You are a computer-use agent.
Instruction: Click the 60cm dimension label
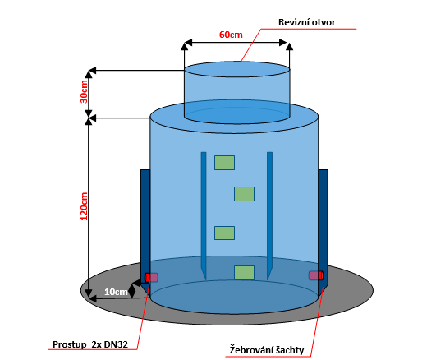pos(231,35)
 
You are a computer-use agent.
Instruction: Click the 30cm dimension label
pos(84,91)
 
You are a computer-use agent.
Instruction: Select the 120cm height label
pos(84,206)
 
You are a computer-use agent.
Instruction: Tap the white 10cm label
pos(116,292)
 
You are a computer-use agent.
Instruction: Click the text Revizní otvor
pos(307,22)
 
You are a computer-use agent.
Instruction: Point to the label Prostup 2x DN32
pos(90,344)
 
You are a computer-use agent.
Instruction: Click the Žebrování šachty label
pos(267,350)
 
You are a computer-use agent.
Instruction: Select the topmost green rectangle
pos(224,163)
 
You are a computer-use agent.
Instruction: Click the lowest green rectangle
pos(244,273)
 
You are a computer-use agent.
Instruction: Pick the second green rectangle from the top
pos(244,194)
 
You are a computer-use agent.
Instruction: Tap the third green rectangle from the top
pos(224,233)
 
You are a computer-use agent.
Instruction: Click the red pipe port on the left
pos(151,277)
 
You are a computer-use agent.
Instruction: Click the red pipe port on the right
pos(316,275)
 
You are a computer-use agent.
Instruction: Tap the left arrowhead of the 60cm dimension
pos(188,43)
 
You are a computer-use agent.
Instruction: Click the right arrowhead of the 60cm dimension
pos(282,43)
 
